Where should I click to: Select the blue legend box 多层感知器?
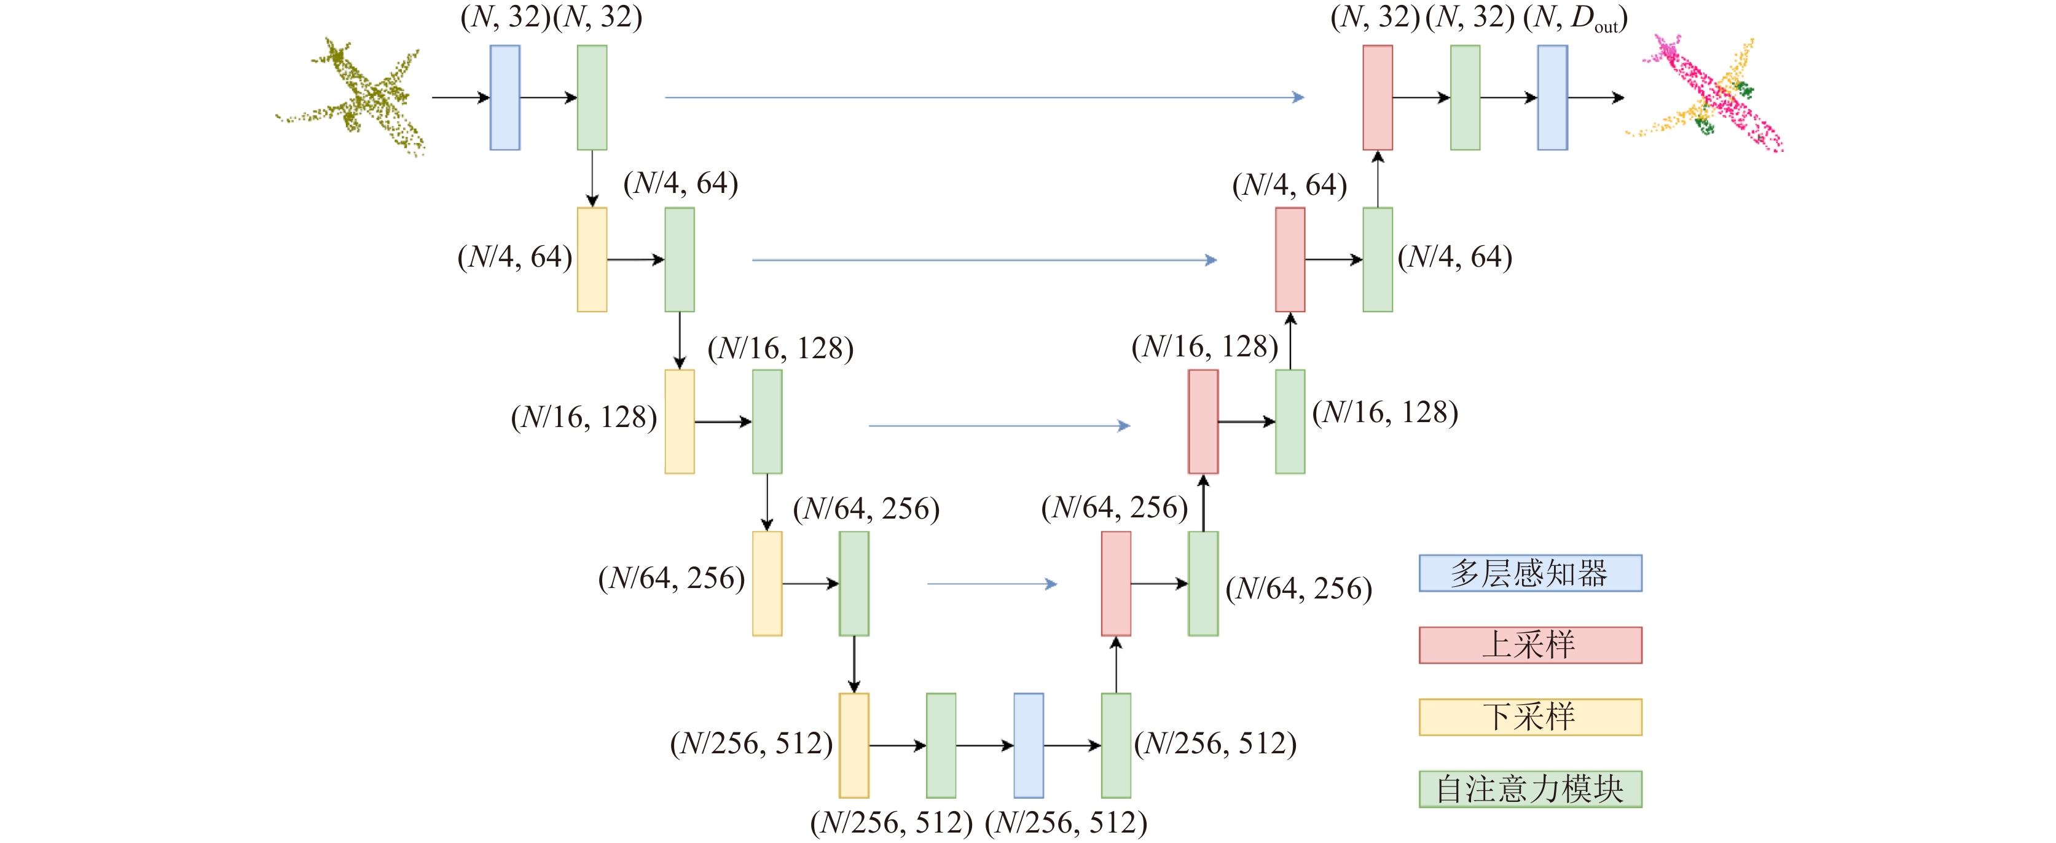coord(1530,573)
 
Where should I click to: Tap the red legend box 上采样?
coord(1530,645)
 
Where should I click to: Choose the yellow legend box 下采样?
coord(1530,717)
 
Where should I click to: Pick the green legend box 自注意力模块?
coord(1530,789)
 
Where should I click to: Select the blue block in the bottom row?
coord(1029,745)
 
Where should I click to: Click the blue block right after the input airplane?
coord(505,98)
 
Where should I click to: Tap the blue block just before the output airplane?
coord(1552,98)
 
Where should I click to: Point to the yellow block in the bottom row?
coord(854,745)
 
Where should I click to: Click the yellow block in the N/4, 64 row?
coord(592,259)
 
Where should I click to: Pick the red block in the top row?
coord(1378,98)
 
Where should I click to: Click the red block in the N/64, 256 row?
coord(1116,584)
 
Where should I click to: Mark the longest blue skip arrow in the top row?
coord(985,98)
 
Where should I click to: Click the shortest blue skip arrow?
coord(992,584)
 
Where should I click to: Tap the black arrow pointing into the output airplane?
coord(1596,98)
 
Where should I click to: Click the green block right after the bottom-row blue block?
coord(1116,745)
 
